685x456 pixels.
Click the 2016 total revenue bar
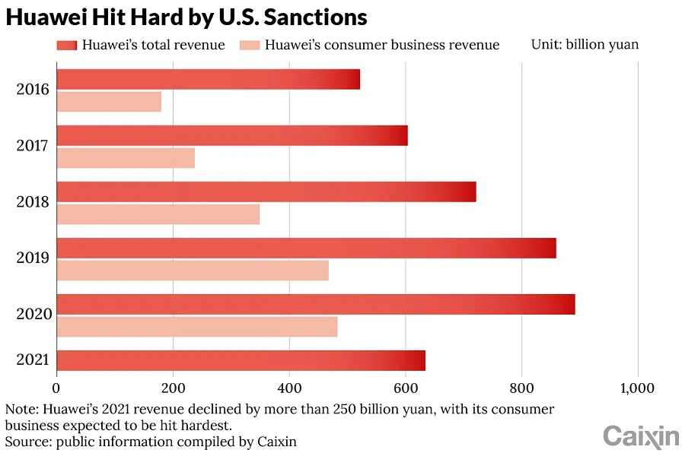[x=208, y=79]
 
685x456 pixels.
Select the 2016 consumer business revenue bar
[x=109, y=102]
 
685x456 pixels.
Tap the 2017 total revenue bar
[x=232, y=135]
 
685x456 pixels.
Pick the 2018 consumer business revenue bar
[x=158, y=214]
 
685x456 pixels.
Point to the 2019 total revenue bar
[x=306, y=248]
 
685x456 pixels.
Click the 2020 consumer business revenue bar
[x=197, y=327]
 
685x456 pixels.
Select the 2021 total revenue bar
[x=241, y=360]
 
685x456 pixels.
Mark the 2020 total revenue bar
[x=316, y=304]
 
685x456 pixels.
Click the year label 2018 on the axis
[x=33, y=202]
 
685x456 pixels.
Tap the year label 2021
[x=33, y=360]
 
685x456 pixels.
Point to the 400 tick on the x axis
[x=289, y=388]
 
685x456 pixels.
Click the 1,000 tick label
[x=637, y=388]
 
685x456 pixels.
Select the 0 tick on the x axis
[x=57, y=388]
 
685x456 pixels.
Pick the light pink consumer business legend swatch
[x=249, y=45]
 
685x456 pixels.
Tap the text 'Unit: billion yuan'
[x=585, y=44]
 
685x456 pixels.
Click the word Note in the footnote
[x=21, y=410]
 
